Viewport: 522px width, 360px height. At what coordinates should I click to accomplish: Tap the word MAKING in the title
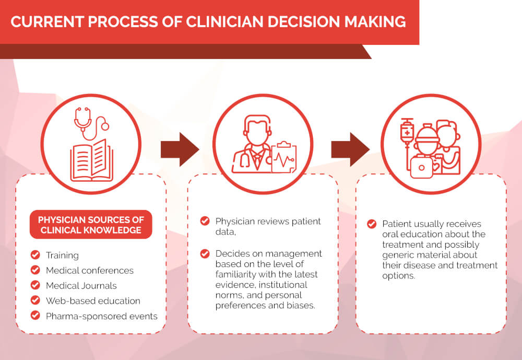[x=375, y=21]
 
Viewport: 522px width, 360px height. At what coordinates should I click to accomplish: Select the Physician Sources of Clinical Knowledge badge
[x=91, y=225]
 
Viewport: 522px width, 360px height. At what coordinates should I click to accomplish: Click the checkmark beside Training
[x=35, y=254]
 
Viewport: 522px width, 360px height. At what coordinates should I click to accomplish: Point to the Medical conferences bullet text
[x=90, y=270]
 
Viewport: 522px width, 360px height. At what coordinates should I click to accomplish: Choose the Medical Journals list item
[x=81, y=286]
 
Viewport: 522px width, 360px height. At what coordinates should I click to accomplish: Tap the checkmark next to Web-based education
[x=35, y=300]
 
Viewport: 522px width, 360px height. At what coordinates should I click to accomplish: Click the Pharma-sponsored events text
[x=102, y=316]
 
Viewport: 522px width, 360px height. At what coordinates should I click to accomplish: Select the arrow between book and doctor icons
[x=180, y=149]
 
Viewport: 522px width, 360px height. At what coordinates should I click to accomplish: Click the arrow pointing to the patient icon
[x=350, y=149]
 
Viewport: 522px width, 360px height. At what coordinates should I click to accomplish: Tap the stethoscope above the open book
[x=90, y=123]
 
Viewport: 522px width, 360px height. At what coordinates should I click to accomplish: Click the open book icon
[x=91, y=160]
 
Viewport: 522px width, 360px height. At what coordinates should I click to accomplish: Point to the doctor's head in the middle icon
[x=257, y=130]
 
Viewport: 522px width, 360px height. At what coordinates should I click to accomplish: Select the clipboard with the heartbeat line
[x=283, y=157]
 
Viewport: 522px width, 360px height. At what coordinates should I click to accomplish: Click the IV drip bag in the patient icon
[x=407, y=131]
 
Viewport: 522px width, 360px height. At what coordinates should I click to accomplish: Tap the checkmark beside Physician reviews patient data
[x=205, y=220]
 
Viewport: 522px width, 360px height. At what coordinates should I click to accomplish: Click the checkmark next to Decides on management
[x=205, y=253]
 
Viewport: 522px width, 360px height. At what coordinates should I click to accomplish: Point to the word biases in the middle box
[x=298, y=305]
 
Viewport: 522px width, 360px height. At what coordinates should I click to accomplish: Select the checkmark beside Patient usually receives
[x=372, y=224]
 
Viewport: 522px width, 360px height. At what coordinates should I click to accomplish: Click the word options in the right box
[x=398, y=276]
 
